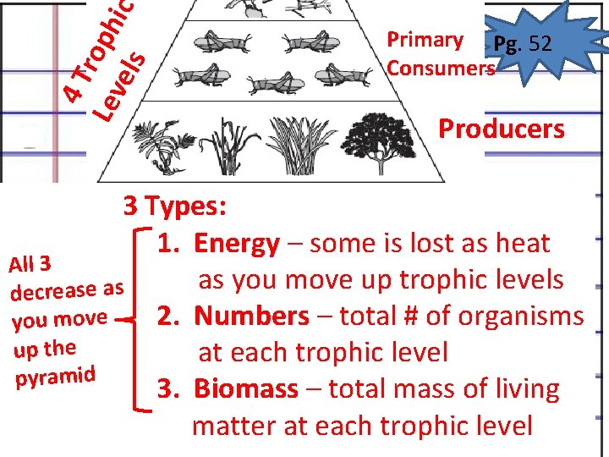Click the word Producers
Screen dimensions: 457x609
pyautogui.click(x=501, y=129)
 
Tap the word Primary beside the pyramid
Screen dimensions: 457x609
pyautogui.click(x=425, y=40)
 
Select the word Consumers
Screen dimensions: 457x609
pyautogui.click(x=440, y=68)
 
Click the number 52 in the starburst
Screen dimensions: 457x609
pyautogui.click(x=538, y=43)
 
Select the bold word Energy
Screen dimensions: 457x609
pyautogui.click(x=237, y=244)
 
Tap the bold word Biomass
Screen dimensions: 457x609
pyautogui.click(x=246, y=389)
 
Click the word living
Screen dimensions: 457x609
pyautogui.click(x=524, y=389)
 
